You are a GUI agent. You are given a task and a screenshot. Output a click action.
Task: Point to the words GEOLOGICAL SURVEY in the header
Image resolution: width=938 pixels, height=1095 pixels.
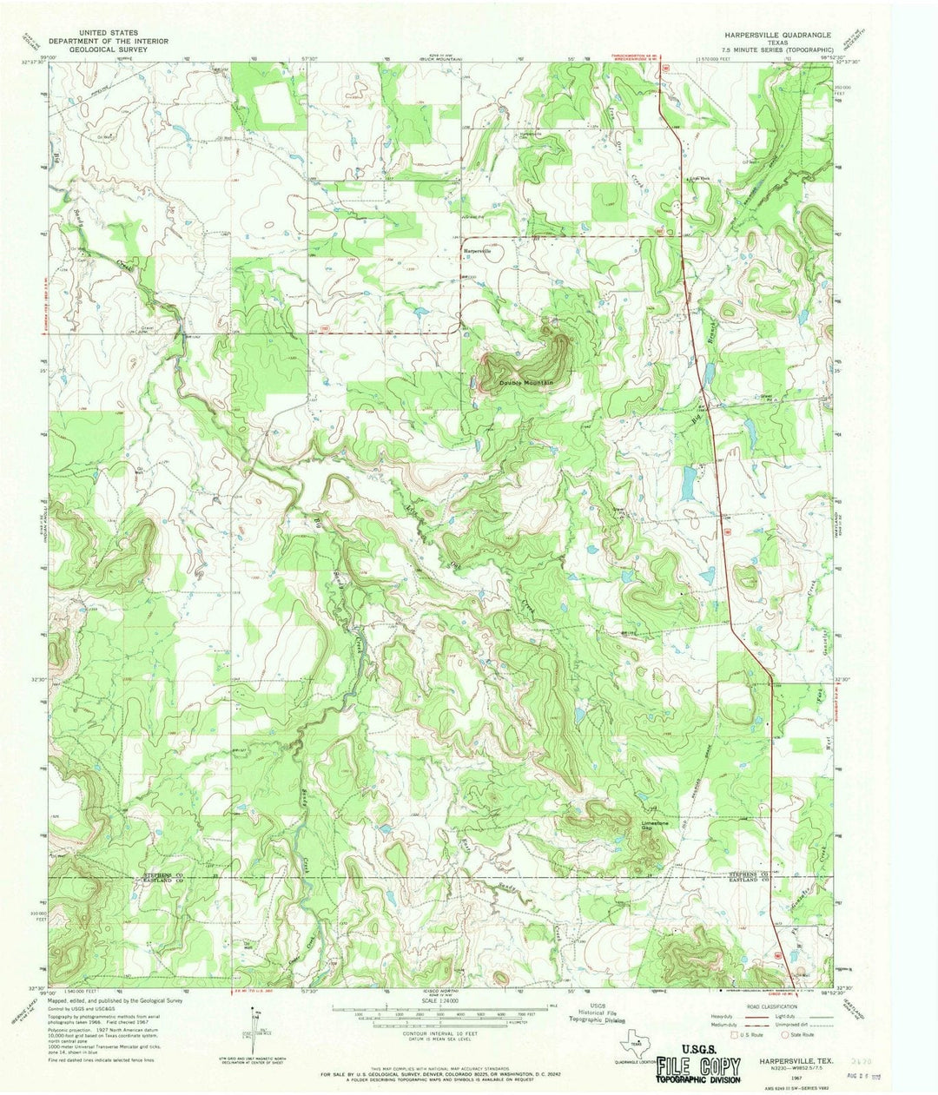[97, 50]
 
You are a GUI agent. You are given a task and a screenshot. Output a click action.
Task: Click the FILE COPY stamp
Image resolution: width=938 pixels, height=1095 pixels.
[698, 1067]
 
